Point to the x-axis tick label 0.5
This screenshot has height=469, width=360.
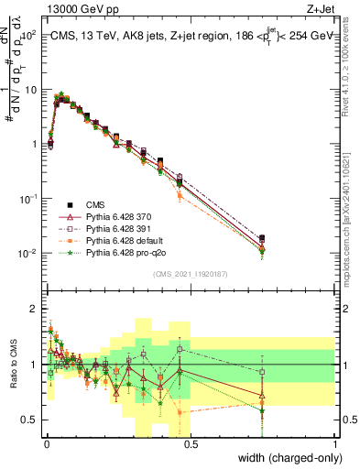coord(191,442)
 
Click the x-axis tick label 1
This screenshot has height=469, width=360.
coord(335,442)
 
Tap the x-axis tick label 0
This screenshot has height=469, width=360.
coord(47,442)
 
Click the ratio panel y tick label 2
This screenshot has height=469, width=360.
coord(34,309)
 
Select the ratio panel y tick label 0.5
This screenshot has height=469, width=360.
coord(31,420)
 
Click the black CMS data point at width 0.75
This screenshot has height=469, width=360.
coord(263,238)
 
